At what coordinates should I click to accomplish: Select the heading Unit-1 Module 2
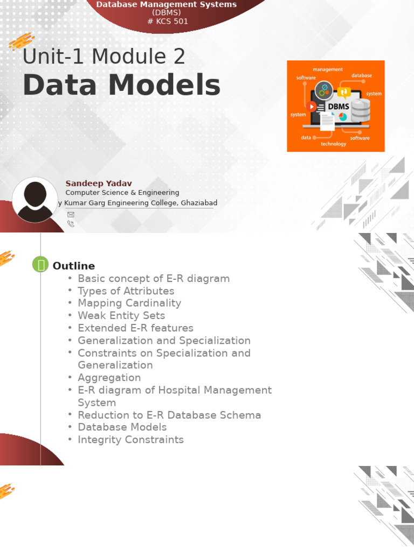click(104, 57)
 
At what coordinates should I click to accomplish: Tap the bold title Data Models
click(121, 85)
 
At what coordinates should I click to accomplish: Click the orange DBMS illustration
click(335, 106)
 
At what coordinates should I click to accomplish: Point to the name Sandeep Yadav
click(99, 183)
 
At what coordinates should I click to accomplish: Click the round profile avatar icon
click(34, 200)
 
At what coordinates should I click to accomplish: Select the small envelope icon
click(71, 214)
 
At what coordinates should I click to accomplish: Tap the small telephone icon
click(71, 224)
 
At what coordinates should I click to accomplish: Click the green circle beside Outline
click(40, 264)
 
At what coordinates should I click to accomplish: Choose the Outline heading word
click(73, 266)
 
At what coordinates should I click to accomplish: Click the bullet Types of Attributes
click(126, 291)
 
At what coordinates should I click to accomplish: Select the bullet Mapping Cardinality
click(129, 303)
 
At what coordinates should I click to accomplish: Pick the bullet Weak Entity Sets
click(121, 315)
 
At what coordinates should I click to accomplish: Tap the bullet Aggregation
click(109, 378)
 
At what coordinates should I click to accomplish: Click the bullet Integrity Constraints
click(130, 440)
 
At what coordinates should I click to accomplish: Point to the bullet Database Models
click(122, 427)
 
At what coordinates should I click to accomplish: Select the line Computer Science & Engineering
click(122, 193)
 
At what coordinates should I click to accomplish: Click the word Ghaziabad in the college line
click(199, 203)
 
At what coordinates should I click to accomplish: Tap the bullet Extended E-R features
click(135, 328)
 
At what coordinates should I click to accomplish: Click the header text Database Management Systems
click(166, 5)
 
